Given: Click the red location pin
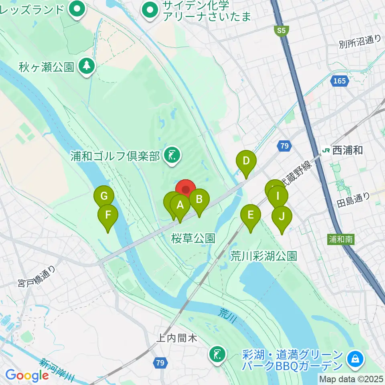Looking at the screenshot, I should pyautogui.click(x=186, y=190).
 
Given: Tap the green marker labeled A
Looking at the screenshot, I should pyautogui.click(x=180, y=206).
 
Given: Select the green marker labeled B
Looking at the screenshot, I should pyautogui.click(x=199, y=199).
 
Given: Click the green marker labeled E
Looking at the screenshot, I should pyautogui.click(x=251, y=215).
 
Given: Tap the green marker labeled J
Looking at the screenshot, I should pyautogui.click(x=282, y=217).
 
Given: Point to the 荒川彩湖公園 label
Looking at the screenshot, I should pyautogui.click(x=263, y=256).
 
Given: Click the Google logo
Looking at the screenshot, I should pyautogui.click(x=27, y=375).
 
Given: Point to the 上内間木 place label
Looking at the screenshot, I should pyautogui.click(x=177, y=338).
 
